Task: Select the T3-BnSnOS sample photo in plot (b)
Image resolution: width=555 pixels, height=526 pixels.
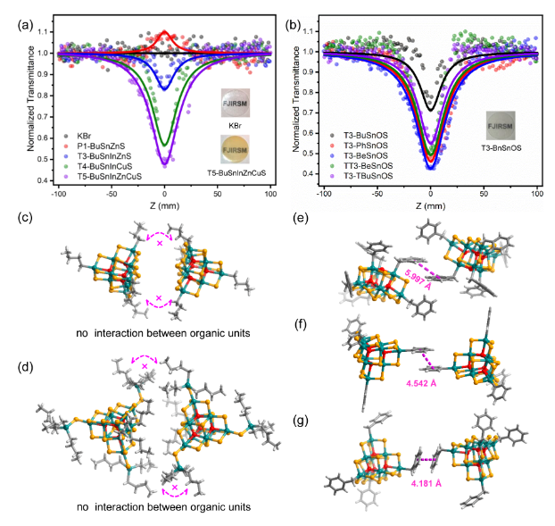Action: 502,121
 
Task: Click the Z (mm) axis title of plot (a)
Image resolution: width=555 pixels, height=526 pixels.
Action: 164,205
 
